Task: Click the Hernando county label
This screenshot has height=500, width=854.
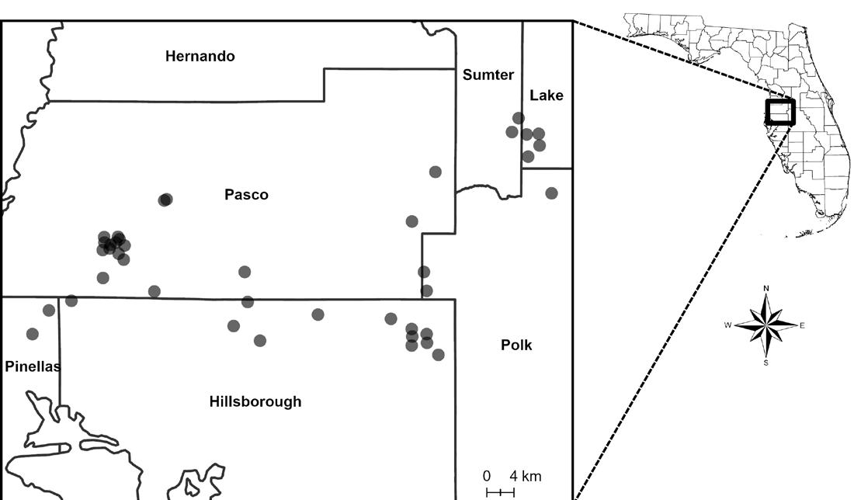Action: click(200, 56)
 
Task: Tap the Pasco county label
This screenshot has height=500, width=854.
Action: click(246, 195)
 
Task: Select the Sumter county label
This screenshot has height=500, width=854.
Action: click(488, 75)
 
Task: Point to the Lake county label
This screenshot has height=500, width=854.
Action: click(547, 95)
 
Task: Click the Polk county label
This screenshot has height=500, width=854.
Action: click(516, 345)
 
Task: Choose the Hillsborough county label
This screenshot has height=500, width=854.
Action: click(255, 401)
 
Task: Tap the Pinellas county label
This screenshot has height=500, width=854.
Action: click(32, 366)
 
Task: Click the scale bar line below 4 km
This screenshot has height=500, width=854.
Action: click(500, 492)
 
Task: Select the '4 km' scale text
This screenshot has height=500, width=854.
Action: click(526, 476)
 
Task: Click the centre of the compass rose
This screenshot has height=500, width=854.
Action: click(766, 325)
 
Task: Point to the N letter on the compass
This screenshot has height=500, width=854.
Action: click(766, 289)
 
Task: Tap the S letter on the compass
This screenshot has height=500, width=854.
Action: click(766, 362)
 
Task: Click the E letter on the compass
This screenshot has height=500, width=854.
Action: click(802, 325)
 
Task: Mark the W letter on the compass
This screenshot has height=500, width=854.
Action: click(729, 325)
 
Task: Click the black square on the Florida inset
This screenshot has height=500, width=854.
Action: click(779, 112)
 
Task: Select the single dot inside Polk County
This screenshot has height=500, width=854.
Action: click(551, 193)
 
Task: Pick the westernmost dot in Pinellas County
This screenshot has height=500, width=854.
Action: click(32, 334)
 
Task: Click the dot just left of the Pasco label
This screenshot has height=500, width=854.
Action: click(165, 200)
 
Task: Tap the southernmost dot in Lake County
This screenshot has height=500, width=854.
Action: click(528, 156)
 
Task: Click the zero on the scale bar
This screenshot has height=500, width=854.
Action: click(487, 476)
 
